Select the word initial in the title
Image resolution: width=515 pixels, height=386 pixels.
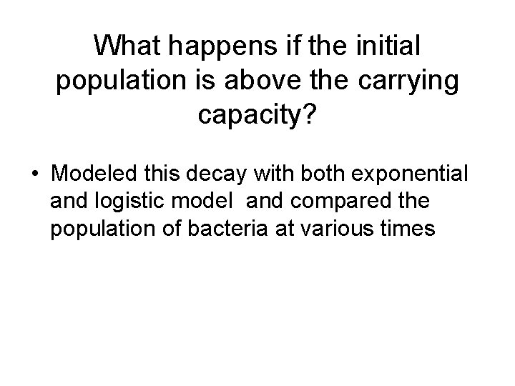[x=386, y=47]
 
